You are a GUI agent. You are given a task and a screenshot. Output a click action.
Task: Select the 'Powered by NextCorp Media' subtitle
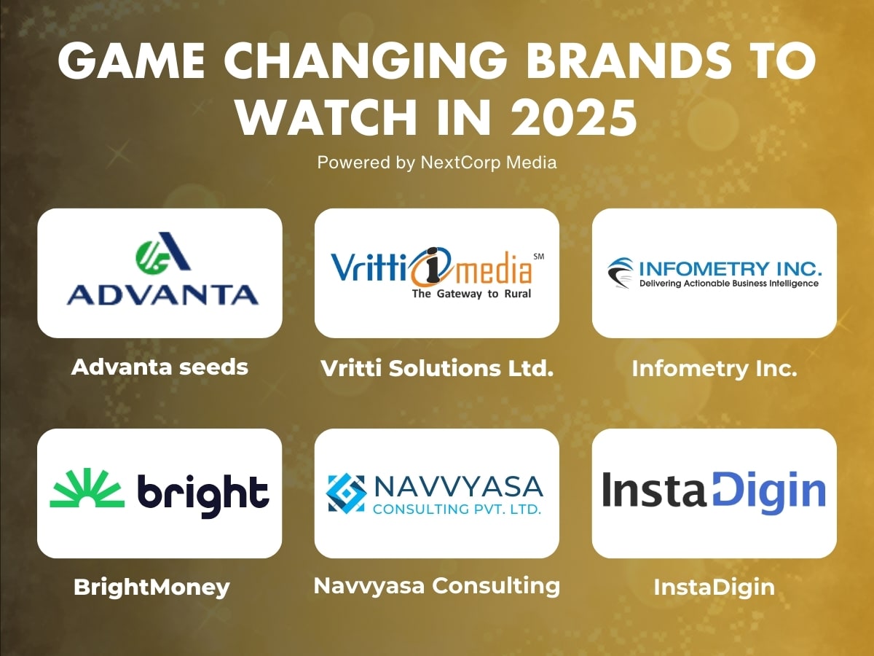[437, 163]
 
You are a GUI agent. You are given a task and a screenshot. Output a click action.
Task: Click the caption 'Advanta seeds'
[160, 367]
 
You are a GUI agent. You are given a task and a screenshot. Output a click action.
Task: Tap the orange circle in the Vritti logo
[434, 267]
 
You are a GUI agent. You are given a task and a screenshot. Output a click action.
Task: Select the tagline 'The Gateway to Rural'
[471, 294]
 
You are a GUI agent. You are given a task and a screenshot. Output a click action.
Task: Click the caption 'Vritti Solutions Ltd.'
[437, 368]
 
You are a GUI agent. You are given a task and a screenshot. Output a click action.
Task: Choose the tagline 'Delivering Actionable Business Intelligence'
[728, 284]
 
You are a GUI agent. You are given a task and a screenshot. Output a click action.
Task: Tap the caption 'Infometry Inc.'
[714, 368]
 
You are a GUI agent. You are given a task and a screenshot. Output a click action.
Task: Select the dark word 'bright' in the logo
[203, 493]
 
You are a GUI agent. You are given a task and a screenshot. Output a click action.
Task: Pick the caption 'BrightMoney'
[151, 587]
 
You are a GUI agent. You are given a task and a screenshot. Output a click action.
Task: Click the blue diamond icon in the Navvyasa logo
[346, 493]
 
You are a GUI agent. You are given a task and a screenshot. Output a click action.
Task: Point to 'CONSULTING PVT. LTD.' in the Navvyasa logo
[457, 509]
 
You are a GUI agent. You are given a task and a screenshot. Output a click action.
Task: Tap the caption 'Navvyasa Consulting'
[437, 585]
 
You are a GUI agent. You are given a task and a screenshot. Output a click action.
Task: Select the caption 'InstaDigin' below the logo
[714, 587]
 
